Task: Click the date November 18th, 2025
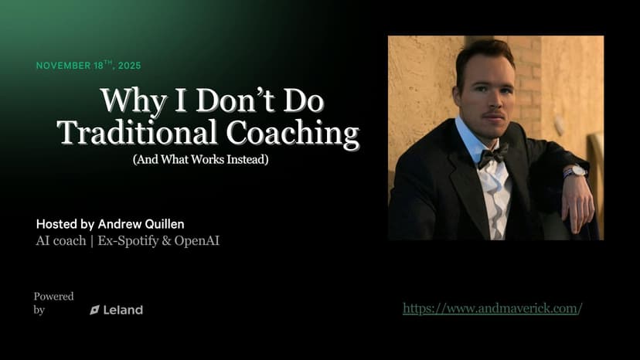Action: (89, 66)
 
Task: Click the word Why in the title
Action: (133, 101)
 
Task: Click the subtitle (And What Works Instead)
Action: (201, 159)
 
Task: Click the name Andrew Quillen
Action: (141, 224)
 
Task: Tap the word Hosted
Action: (56, 224)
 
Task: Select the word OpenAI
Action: (197, 241)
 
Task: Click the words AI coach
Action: (61, 241)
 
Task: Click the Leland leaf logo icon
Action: (95, 311)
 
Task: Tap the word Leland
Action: (123, 311)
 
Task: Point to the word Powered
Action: (53, 297)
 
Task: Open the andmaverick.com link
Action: (492, 308)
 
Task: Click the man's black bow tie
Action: (492, 156)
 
